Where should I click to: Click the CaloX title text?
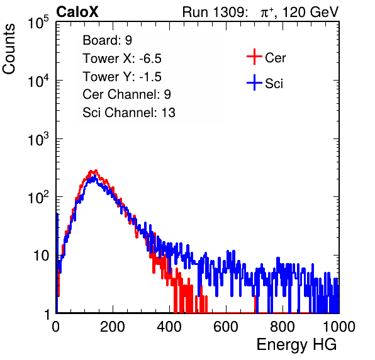pos(77,12)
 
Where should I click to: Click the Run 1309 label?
pos(215,12)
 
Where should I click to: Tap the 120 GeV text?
pos(310,12)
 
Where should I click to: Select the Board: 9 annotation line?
pos(107,40)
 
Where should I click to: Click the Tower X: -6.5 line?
pos(122,59)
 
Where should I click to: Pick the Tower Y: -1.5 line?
pos(122,77)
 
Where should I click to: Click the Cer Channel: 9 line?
pos(126,94)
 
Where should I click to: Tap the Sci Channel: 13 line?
pos(129,113)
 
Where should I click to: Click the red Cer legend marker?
pos(254,57)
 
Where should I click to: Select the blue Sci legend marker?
pos(254,83)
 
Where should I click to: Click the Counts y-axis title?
pos(9,49)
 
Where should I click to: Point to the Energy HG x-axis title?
pos(296,345)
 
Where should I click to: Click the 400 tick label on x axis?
pos(169,327)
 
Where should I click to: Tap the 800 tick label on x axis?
pos(283,327)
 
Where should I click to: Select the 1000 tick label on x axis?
pos(339,327)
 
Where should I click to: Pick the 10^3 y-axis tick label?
pos(38,139)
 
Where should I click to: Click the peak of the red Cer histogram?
pos(96,171)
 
